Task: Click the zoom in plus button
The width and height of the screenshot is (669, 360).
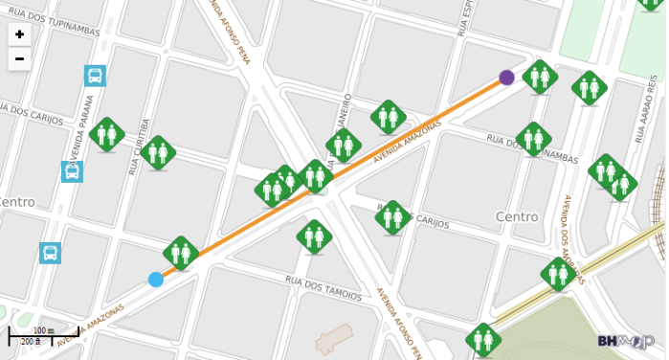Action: click(x=19, y=34)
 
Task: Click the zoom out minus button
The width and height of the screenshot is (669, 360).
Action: click(x=19, y=59)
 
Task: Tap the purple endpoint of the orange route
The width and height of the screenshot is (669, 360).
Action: click(x=506, y=78)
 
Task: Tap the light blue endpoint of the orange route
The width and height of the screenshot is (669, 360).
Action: click(x=156, y=280)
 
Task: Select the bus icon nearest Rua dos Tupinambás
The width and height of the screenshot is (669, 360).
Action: click(x=95, y=75)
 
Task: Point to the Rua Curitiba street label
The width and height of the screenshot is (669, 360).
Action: click(x=140, y=146)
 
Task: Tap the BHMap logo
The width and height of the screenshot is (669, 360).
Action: click(x=626, y=340)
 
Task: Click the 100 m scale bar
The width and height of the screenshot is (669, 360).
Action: click(x=44, y=334)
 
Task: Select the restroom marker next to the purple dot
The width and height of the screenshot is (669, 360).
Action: click(x=541, y=77)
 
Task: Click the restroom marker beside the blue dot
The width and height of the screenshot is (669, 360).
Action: click(x=180, y=253)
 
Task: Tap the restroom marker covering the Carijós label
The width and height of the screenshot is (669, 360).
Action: click(x=393, y=217)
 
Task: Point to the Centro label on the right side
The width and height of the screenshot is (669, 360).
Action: click(x=517, y=217)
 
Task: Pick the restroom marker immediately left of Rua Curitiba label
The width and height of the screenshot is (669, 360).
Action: click(x=107, y=134)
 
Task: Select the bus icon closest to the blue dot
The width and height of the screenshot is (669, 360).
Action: click(x=51, y=253)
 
